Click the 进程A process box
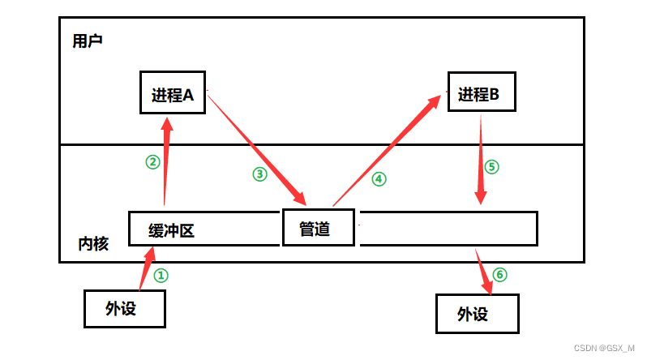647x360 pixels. (x=173, y=95)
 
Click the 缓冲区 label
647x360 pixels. (x=172, y=230)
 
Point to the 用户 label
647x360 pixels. (x=88, y=41)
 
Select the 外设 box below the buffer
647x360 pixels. (x=125, y=308)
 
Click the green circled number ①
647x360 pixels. (x=161, y=276)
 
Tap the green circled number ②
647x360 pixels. (x=152, y=162)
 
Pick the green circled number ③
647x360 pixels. (x=259, y=174)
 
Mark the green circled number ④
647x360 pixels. (x=378, y=179)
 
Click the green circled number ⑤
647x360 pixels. (x=491, y=167)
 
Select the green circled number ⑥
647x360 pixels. (x=499, y=275)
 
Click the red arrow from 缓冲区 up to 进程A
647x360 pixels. (x=166, y=162)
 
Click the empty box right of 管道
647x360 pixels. (x=448, y=229)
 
